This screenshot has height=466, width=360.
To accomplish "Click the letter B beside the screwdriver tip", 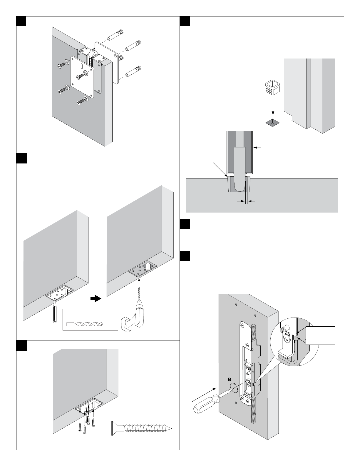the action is [230, 379].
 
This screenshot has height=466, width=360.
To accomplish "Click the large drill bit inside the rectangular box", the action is [85, 324].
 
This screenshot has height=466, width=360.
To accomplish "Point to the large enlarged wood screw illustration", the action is [141, 428].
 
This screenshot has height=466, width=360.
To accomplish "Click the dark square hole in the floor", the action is [273, 122].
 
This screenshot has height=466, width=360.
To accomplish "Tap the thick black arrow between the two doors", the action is [96, 299].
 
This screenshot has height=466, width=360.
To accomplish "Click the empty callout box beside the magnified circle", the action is [320, 335].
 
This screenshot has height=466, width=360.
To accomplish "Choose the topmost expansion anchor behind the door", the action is [115, 35].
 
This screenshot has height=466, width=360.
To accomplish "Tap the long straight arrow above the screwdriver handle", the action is [204, 394].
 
